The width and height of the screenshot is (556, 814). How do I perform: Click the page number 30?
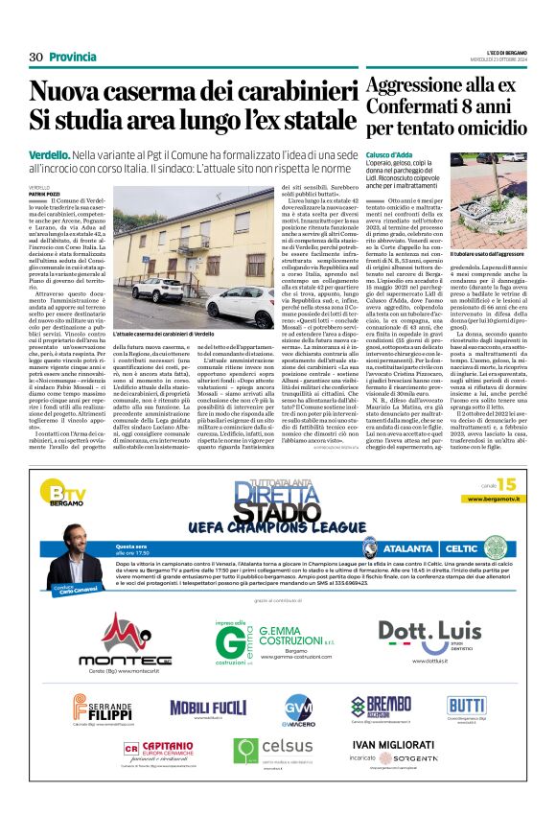click(36, 58)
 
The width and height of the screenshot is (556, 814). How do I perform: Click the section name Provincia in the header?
click(73, 58)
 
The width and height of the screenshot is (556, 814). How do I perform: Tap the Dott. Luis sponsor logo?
click(429, 634)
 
